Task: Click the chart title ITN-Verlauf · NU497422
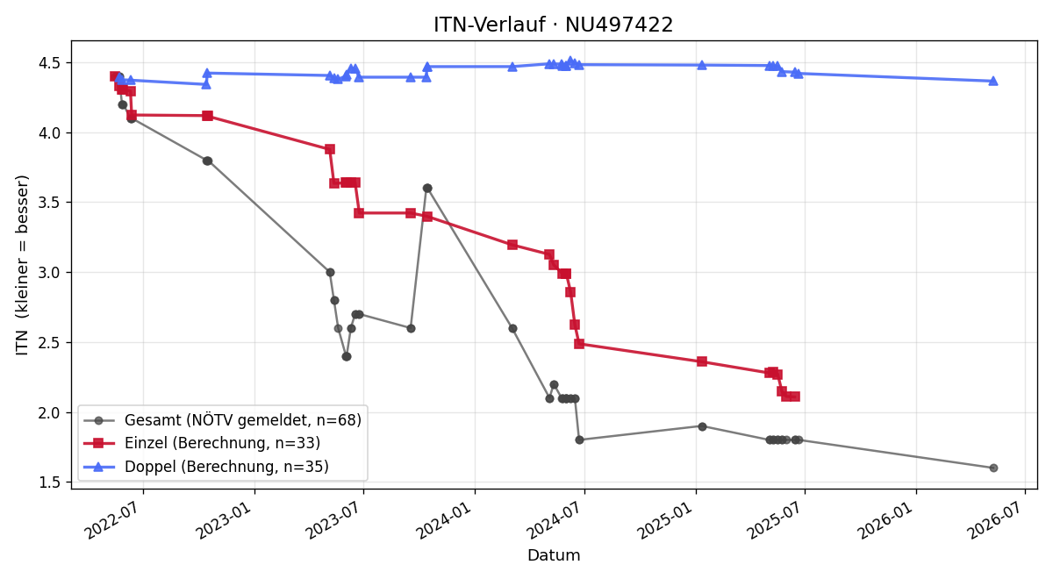coord(554,25)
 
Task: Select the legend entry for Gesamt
coord(222,420)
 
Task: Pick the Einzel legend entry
coord(202,443)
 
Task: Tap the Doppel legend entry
coord(206,467)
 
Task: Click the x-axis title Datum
coord(554,555)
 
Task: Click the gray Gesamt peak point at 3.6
coord(427,189)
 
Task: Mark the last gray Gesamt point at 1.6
coord(993,468)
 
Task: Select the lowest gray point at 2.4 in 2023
coord(347,357)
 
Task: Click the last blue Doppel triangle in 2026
coord(993,81)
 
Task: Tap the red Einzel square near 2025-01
coord(702,361)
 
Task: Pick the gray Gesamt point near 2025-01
coord(702,426)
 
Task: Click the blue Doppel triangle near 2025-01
coord(702,65)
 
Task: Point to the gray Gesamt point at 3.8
coord(207,161)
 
